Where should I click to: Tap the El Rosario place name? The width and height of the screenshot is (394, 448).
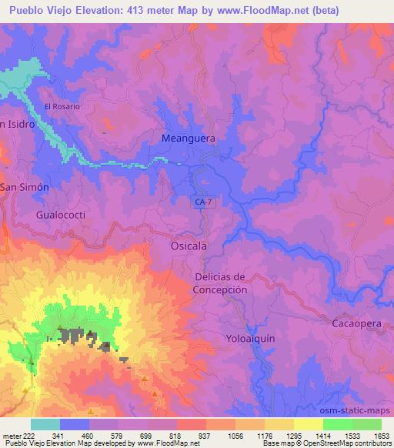(62, 106)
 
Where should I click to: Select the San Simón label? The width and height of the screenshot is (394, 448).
(24, 187)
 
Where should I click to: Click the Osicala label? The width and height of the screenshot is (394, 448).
(188, 246)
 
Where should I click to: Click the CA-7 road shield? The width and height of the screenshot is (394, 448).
(202, 201)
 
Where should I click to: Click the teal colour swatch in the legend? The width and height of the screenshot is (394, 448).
(45, 424)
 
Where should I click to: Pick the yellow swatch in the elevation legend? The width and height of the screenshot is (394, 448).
(308, 424)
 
